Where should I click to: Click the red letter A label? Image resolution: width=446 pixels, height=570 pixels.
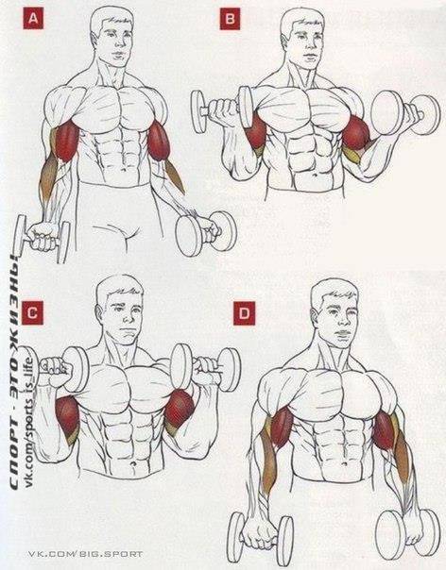pos(33,19)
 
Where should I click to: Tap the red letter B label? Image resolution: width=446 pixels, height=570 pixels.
pos(230,19)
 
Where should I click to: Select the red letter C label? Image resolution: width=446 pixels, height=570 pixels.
pos(32,312)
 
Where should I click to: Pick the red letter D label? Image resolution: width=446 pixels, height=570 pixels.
pos(244,314)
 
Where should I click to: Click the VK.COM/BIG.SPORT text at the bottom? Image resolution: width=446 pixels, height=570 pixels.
pos(86,554)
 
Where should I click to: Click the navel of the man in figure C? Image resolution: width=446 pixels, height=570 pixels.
pos(133,464)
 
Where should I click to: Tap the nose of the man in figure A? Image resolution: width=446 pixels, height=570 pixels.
pos(117,44)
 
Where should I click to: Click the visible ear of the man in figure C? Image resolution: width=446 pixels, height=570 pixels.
pos(99,312)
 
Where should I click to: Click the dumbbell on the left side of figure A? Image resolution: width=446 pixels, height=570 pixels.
pos(42,238)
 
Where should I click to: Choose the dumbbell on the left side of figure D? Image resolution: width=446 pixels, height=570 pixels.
pos(260,538)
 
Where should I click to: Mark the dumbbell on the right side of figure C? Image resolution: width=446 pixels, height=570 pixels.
pos(206,367)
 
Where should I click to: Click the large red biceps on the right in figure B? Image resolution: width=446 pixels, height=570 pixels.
pos(356,133)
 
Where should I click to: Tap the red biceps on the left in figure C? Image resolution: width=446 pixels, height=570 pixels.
pos(67,418)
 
